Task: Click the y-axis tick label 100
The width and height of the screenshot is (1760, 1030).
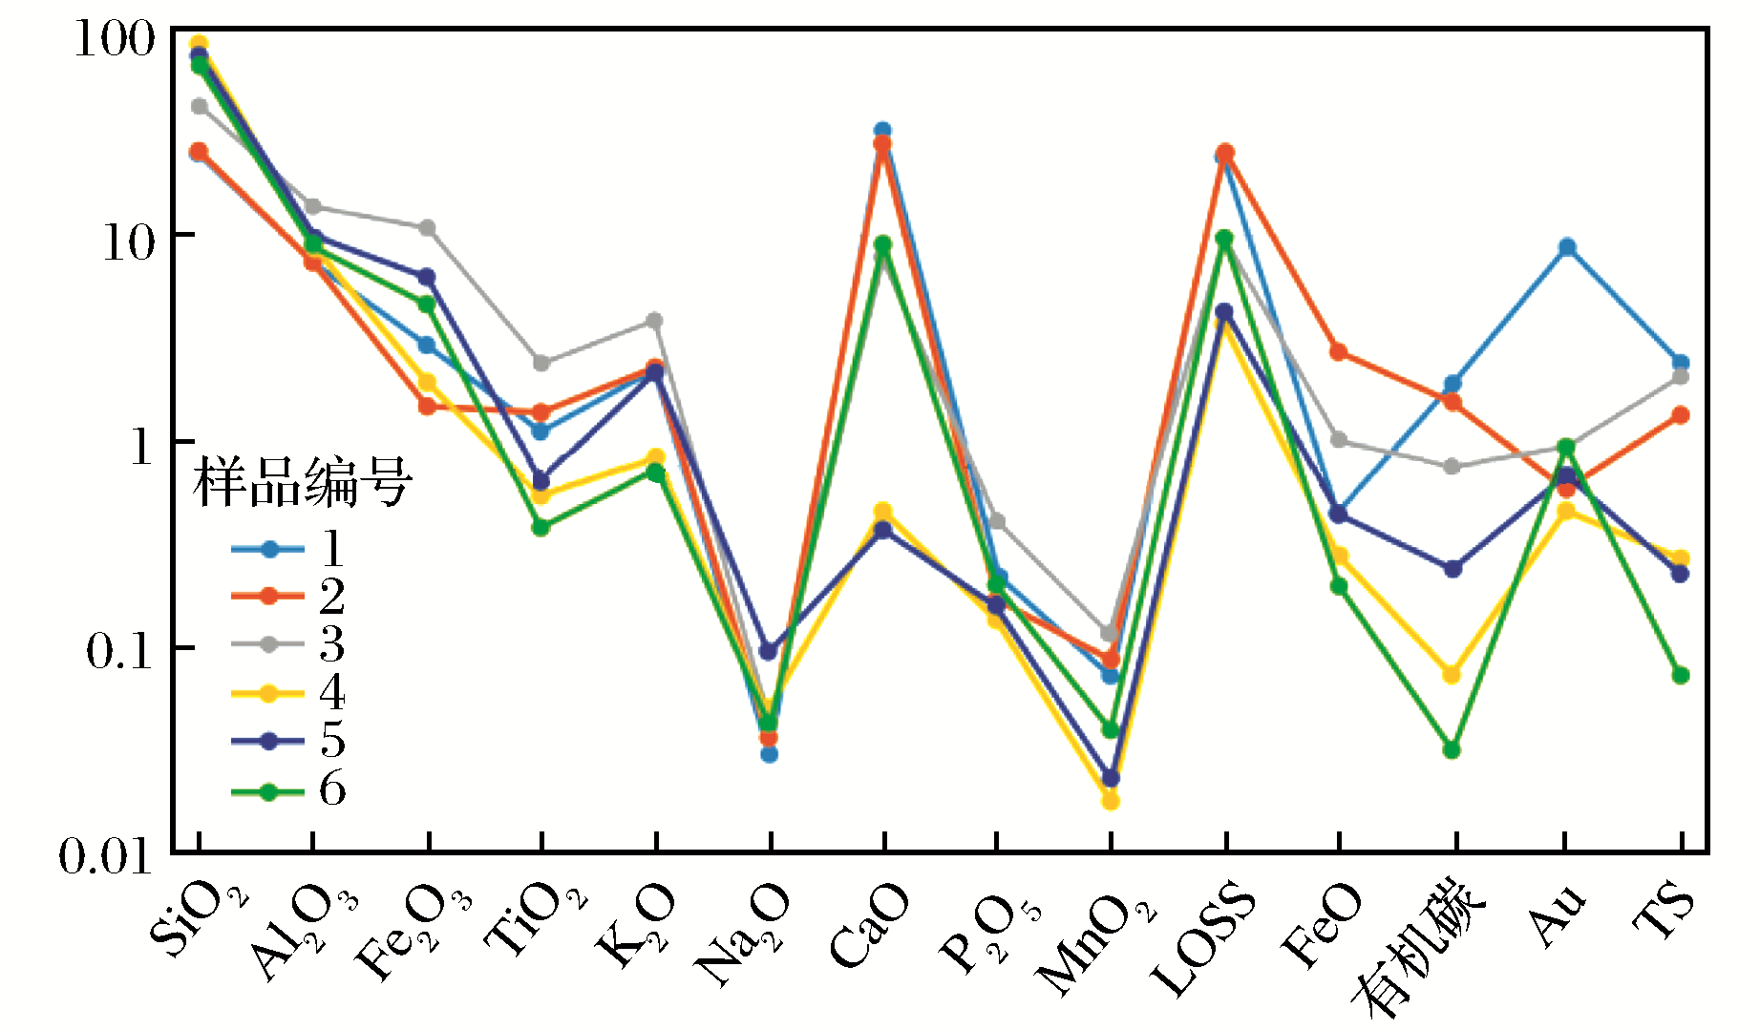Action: click(114, 39)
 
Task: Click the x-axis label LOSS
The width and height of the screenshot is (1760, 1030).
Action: click(1202, 939)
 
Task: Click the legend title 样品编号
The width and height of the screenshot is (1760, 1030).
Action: click(302, 481)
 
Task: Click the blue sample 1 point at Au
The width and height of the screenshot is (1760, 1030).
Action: click(1567, 247)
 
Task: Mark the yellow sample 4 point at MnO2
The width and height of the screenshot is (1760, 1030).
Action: click(1111, 801)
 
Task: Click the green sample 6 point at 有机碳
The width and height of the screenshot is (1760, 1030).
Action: click(1452, 750)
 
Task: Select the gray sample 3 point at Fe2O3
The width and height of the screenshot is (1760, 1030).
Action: click(427, 228)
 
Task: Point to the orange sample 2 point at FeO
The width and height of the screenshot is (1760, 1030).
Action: click(1339, 352)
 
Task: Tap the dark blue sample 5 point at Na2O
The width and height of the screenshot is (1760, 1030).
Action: click(769, 652)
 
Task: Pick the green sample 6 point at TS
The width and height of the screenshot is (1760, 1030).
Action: click(1681, 676)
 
